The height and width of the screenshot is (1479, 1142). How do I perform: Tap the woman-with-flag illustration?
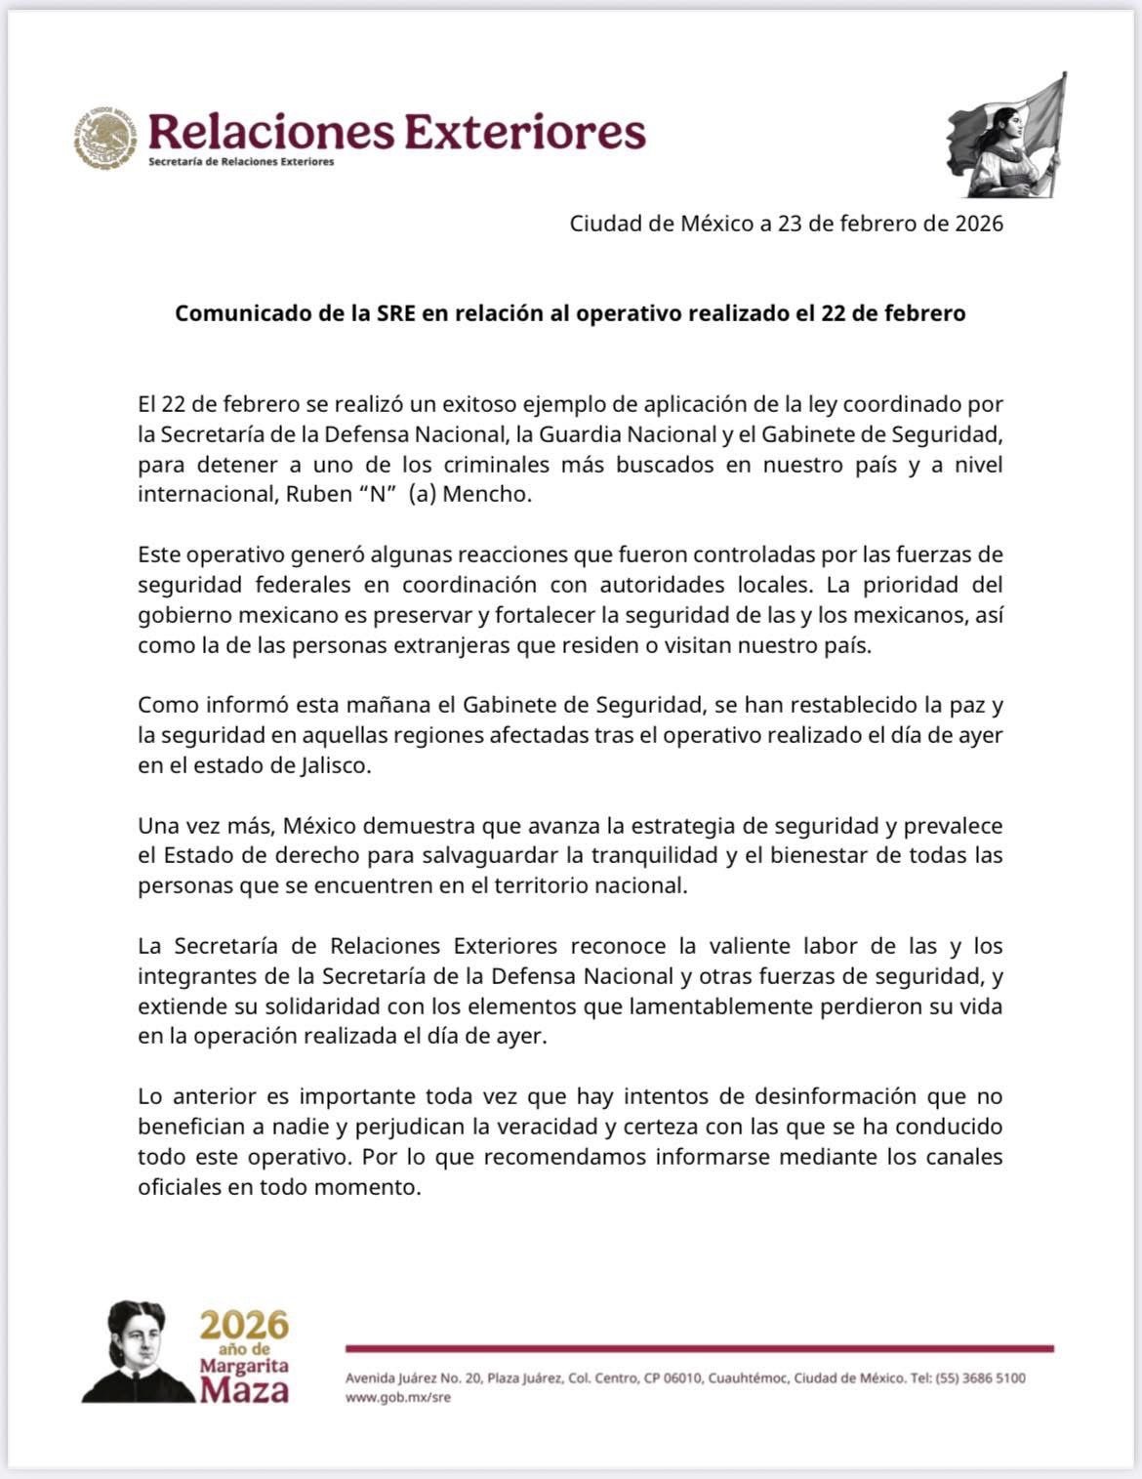click(x=1008, y=137)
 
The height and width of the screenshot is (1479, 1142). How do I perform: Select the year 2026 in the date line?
click(x=979, y=224)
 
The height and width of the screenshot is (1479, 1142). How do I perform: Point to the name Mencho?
click(x=486, y=494)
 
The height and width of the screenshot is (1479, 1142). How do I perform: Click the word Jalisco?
click(x=337, y=765)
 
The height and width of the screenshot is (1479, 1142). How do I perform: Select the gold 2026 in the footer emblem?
click(x=245, y=1326)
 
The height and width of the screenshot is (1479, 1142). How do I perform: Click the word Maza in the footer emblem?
click(x=244, y=1389)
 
